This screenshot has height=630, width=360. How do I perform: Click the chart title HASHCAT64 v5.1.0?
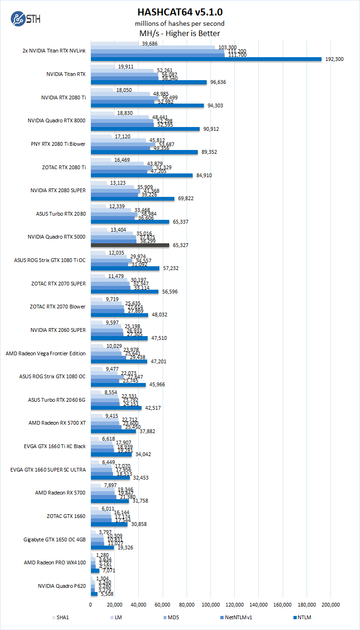click(180, 12)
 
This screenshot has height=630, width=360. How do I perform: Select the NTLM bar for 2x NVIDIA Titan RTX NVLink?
click(206, 59)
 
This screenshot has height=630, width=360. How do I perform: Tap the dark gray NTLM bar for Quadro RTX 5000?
click(130, 245)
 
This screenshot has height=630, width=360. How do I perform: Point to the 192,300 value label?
click(335, 59)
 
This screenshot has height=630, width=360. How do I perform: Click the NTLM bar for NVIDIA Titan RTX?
click(149, 82)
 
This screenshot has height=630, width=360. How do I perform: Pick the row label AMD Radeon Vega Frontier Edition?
click(45, 353)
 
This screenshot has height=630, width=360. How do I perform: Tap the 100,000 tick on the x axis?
click(211, 605)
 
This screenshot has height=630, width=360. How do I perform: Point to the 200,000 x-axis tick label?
click(331, 605)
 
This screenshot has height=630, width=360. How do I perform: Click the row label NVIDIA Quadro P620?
click(62, 586)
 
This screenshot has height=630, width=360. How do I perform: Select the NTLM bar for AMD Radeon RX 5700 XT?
click(113, 431)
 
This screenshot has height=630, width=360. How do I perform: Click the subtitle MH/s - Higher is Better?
click(180, 33)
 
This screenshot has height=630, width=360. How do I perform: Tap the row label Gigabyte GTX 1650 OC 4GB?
click(54, 540)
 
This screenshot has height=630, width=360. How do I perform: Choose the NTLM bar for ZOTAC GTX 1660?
click(109, 524)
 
